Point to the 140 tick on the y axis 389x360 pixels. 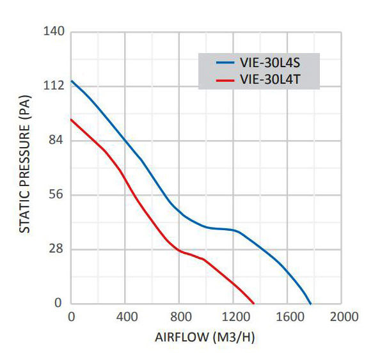click(x=53, y=31)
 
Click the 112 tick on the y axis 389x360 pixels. click(x=53, y=86)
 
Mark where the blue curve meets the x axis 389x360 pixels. click(x=311, y=304)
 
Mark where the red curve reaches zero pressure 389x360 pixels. click(x=254, y=304)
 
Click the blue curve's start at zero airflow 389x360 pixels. click(x=71, y=81)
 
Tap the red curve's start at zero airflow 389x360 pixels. click(x=71, y=119)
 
